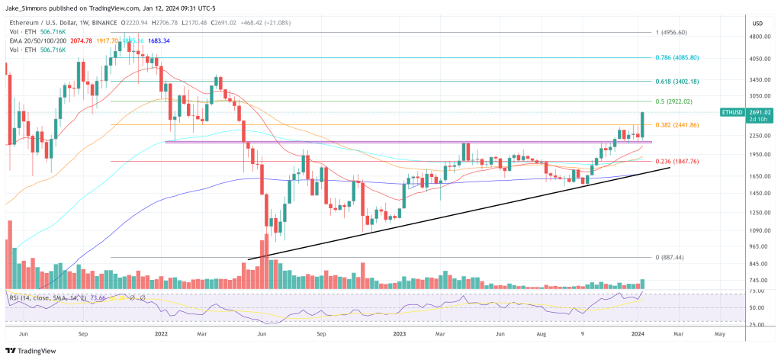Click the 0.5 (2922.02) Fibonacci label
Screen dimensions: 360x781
[x=673, y=101]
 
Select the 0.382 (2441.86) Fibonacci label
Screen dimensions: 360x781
[x=676, y=124]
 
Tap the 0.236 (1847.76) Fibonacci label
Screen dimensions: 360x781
[x=676, y=161]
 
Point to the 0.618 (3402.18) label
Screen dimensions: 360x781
[x=677, y=81]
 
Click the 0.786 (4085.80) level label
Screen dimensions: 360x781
[x=677, y=57]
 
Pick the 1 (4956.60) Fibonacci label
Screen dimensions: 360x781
[x=671, y=33]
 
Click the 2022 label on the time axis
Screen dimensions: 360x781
[x=161, y=333]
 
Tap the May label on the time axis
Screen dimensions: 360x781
[x=719, y=333]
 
